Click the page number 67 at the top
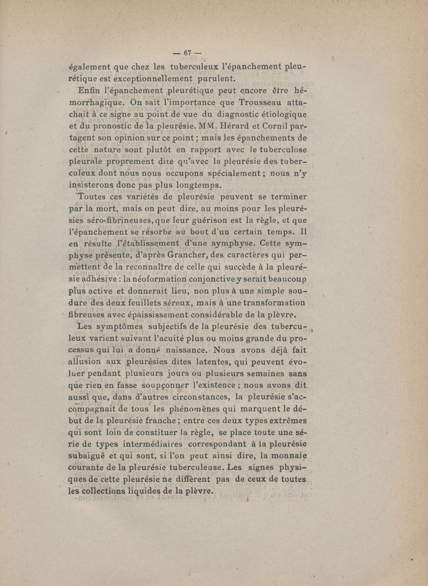click(x=187, y=52)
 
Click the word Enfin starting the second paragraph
click(x=91, y=89)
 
